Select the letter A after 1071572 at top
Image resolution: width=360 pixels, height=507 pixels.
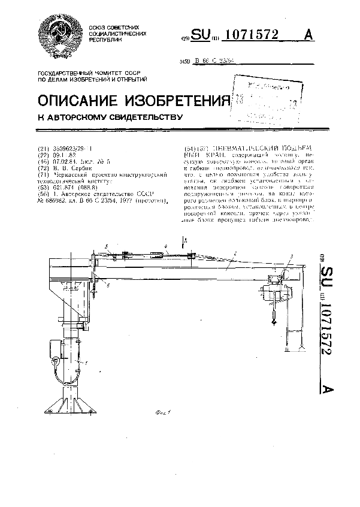click(x=309, y=35)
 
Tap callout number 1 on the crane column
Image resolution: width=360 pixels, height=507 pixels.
click(x=86, y=363)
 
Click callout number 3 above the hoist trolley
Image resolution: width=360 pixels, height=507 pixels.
click(x=290, y=256)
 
